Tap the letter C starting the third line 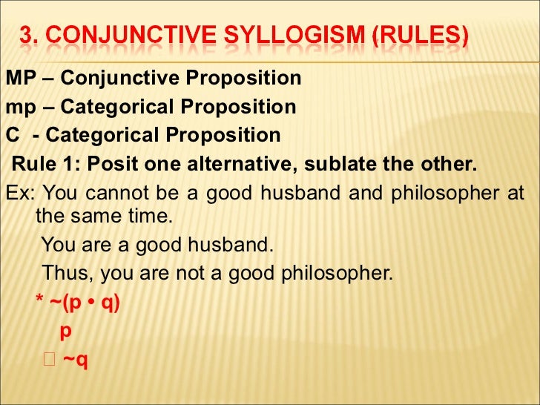tap(12, 136)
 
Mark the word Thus tap(67, 273)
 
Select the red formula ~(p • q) tap(84, 303)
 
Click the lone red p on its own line tap(65, 332)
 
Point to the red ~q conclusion tap(76, 360)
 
